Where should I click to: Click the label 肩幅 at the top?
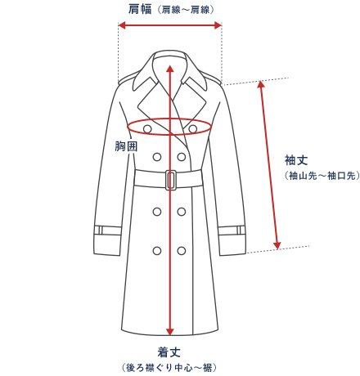pos(140,9)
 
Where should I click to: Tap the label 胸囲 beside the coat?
pos(126,146)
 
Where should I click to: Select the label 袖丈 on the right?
pos(296,160)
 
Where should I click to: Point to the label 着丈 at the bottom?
pos(169,352)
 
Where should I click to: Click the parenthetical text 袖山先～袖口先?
pos(322,176)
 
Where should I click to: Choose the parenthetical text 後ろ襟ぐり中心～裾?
pos(169,368)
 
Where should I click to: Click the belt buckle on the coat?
pos(171,180)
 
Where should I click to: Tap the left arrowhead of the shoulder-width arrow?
pos(122,25)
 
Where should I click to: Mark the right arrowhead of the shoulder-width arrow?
pos(218,25)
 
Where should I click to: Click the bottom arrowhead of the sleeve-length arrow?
pos(277,245)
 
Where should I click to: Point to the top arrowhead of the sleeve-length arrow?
pos(261,84)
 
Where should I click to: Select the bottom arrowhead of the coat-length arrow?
pos(170,332)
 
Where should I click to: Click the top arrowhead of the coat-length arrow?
pos(170,69)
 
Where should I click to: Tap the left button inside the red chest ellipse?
pos(147,128)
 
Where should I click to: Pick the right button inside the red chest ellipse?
pos(193,128)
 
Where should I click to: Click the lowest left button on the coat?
pos(157,251)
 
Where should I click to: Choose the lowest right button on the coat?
pos(182,251)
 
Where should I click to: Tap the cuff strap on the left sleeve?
pos(108,231)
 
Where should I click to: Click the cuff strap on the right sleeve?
pos(232,231)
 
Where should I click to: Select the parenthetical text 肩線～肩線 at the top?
pos(187,10)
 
